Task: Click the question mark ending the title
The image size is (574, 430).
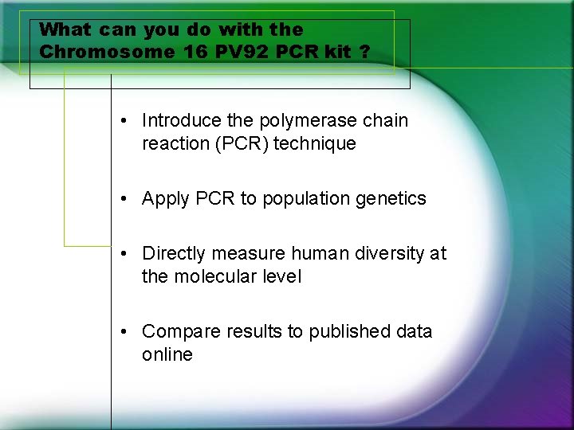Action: point(364,52)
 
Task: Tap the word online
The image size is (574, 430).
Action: point(167,354)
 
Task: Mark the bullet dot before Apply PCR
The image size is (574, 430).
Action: point(126,199)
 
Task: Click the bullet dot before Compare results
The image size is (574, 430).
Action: point(126,331)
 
